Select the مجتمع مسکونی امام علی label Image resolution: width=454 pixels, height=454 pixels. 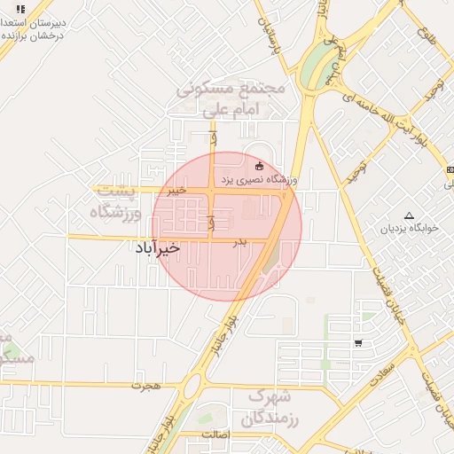[x=230, y=99]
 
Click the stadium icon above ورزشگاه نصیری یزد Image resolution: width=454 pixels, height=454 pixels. [x=259, y=165]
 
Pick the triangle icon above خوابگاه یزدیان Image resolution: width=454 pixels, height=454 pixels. [x=409, y=215]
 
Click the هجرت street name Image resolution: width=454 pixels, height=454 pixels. [x=143, y=387]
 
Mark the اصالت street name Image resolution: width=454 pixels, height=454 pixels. [x=216, y=434]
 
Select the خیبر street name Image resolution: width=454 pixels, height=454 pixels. [x=177, y=190]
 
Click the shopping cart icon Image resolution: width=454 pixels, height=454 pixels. [x=357, y=343]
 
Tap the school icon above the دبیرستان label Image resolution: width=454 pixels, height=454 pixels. [x=20, y=9]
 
